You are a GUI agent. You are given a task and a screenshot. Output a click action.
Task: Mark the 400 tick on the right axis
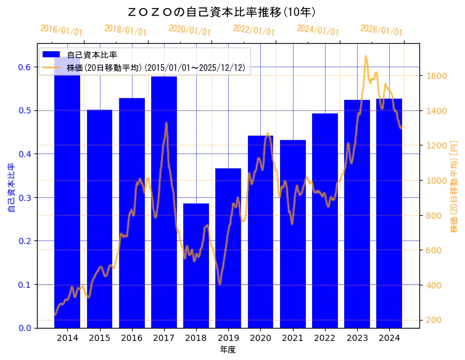coord(432,285)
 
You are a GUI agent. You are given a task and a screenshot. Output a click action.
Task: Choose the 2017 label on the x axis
coord(164,338)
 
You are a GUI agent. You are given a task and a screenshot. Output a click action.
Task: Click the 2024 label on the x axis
coord(389,338)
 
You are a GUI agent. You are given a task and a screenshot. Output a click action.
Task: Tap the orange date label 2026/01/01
coord(381,31)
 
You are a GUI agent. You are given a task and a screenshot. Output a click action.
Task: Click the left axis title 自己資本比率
coord(10,188)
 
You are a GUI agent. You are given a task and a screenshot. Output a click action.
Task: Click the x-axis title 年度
coord(228,350)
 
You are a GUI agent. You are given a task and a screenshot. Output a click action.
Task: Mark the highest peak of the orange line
coord(366,56)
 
